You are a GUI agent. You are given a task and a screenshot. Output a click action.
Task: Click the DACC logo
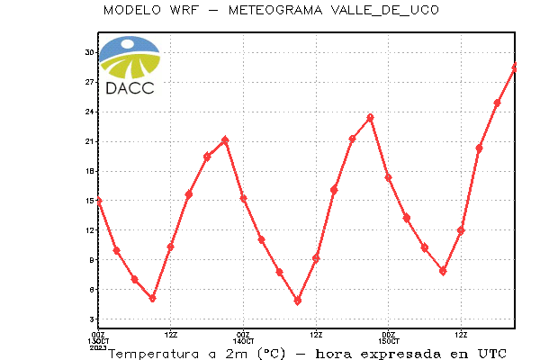pyautogui.click(x=130, y=66)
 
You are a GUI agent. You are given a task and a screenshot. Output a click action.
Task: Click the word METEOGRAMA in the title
pyautogui.click(x=275, y=10)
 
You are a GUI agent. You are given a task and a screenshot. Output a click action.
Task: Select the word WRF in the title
pyautogui.click(x=184, y=10)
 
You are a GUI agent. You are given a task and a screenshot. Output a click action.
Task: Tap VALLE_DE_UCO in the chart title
pyautogui.click(x=384, y=10)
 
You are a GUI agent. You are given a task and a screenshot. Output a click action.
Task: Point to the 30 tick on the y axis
pyautogui.click(x=89, y=52)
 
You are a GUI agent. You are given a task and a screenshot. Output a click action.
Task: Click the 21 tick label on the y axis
pyautogui.click(x=89, y=141)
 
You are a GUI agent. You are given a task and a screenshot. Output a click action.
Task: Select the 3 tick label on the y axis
pyautogui.click(x=91, y=319)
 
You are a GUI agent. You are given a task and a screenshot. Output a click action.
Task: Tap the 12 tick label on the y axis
pyautogui.click(x=89, y=230)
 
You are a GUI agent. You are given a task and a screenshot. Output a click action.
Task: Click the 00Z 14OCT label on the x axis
pyautogui.click(x=243, y=338)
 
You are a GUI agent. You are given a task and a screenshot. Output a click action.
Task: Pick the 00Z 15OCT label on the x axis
pyautogui.click(x=389, y=338)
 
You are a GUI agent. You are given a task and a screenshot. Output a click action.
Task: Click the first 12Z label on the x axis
pyautogui.click(x=171, y=335)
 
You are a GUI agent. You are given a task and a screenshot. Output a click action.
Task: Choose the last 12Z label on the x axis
pyautogui.click(x=461, y=335)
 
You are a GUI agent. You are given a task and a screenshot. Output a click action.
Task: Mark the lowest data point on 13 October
pyautogui.click(x=153, y=298)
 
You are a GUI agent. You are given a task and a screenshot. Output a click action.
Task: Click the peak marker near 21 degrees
pyautogui.click(x=225, y=139)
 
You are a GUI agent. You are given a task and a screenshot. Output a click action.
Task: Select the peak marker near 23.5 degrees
pyautogui.click(x=370, y=118)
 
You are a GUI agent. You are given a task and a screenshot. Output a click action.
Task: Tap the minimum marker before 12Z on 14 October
pyautogui.click(x=298, y=301)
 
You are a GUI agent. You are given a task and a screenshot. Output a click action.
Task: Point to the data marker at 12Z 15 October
pyautogui.click(x=461, y=230)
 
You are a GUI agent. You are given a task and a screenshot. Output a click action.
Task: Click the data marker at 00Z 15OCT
pyautogui.click(x=389, y=178)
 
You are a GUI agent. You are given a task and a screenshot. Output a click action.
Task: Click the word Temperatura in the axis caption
pyautogui.click(x=154, y=354)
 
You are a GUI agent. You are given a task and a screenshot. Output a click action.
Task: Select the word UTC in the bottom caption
pyautogui.click(x=492, y=354)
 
